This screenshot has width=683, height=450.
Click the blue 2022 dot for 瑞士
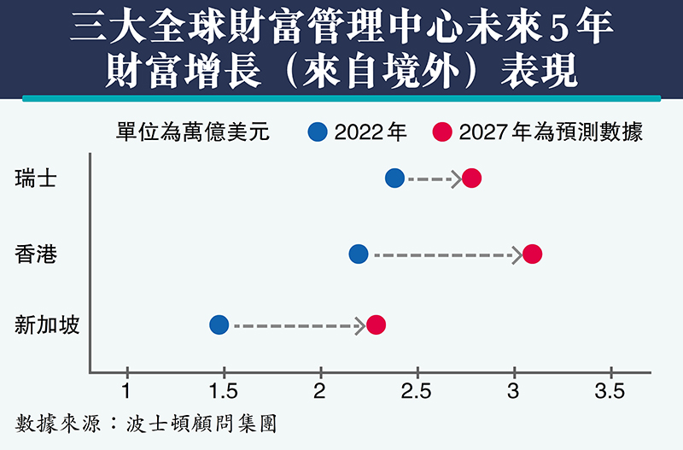[394, 178]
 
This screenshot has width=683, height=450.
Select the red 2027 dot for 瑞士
[471, 178]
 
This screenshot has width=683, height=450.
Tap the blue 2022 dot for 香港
[359, 254]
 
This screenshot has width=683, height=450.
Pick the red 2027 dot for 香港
[532, 254]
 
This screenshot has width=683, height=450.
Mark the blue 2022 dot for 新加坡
[219, 324]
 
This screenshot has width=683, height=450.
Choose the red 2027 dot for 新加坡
[376, 324]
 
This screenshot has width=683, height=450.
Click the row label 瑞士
[36, 178]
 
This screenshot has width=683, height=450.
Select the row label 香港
[36, 254]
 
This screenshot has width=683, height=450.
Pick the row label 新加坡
[47, 324]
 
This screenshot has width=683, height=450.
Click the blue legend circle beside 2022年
[318, 131]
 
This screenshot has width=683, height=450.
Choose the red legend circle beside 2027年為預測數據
[441, 131]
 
